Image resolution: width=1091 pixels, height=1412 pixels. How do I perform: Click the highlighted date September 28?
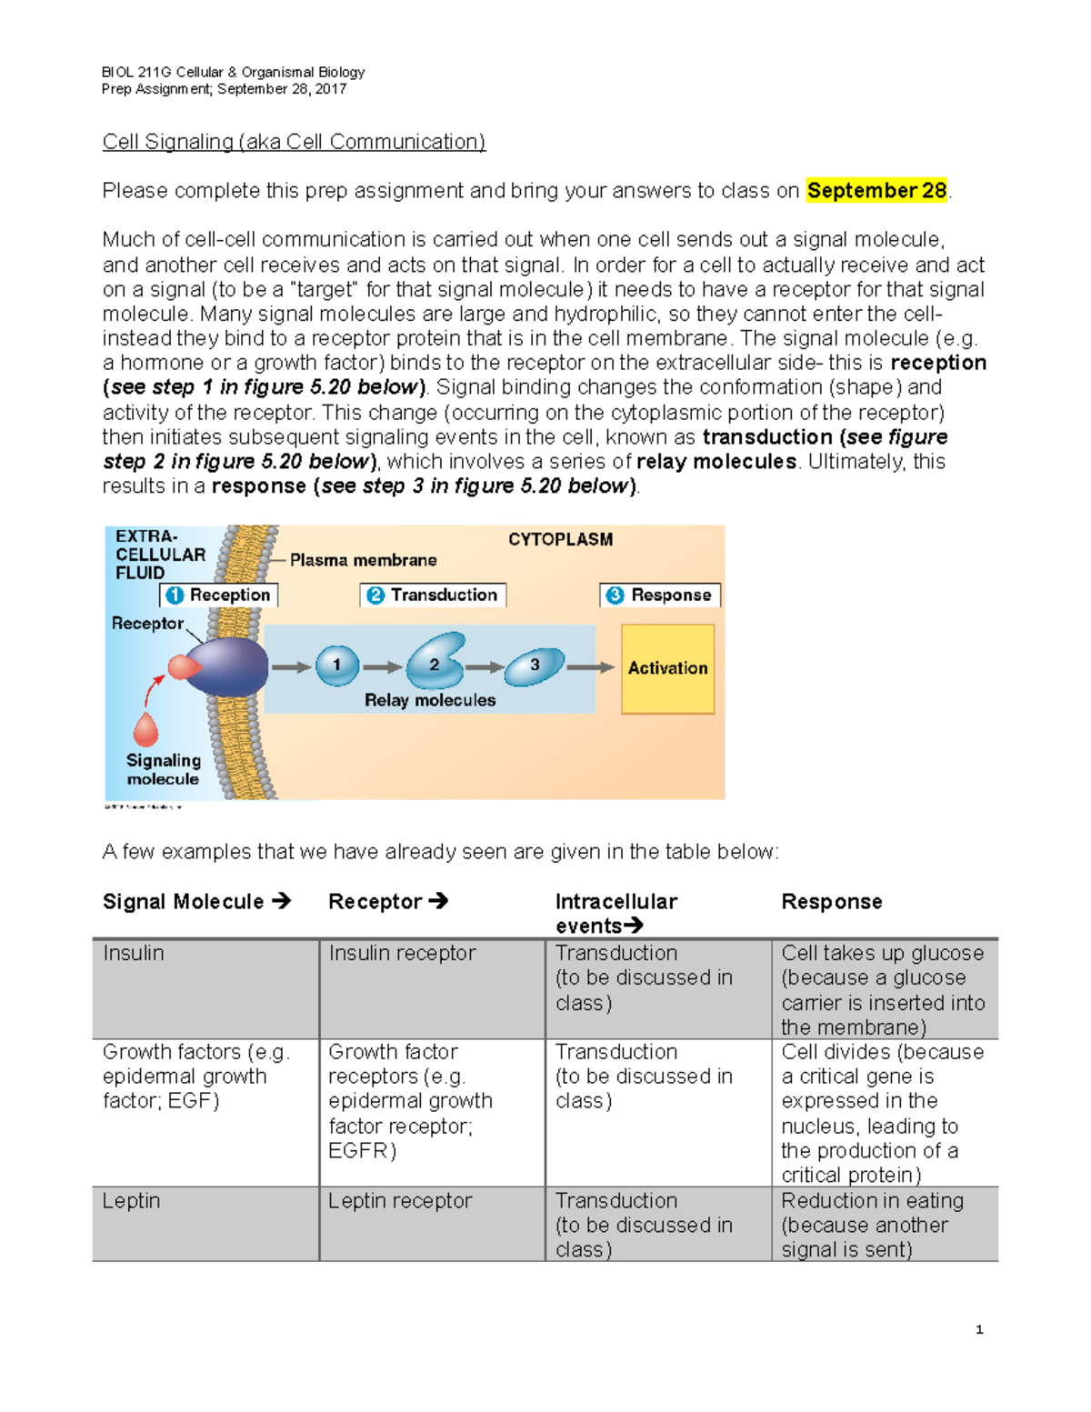point(876,191)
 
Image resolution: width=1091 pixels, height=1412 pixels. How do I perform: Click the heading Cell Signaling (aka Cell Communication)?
point(294,142)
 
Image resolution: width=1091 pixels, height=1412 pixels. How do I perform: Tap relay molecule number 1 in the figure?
point(337,666)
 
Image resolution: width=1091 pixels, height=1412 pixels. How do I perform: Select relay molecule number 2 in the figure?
point(435,663)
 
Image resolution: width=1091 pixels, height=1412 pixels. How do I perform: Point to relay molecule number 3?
point(535,666)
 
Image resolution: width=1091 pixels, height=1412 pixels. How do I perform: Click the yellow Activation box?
point(667,668)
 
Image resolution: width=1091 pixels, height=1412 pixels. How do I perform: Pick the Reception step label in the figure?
point(219,595)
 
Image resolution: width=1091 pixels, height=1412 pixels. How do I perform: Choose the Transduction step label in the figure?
point(433,595)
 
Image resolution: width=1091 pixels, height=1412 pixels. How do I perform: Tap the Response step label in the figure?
point(660,595)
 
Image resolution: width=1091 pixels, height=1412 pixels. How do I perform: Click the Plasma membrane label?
point(363,560)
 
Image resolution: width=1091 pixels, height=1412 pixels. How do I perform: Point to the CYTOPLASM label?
point(560,539)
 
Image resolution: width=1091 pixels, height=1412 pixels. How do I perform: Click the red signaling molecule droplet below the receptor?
point(145,729)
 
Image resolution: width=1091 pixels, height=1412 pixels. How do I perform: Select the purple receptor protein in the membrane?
point(227,666)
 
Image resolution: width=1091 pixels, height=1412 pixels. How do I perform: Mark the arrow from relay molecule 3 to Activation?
point(590,667)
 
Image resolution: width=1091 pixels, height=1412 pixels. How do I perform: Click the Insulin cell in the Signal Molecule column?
point(134,953)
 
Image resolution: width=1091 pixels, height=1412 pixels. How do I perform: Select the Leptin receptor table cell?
point(400,1201)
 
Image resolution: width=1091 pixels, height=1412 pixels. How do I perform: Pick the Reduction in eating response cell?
point(872,1225)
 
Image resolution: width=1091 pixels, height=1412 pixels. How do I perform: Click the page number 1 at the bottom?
point(979,1329)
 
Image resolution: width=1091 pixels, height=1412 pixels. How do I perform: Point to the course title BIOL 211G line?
point(233,72)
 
